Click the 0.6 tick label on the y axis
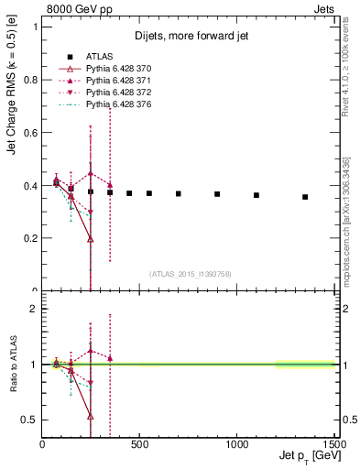(31, 132)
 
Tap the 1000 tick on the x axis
(237, 443)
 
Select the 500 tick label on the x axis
(140, 443)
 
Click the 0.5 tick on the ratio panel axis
(31, 420)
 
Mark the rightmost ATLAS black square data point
(305, 197)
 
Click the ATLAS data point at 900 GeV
(217, 194)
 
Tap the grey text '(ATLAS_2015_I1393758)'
(189, 273)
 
